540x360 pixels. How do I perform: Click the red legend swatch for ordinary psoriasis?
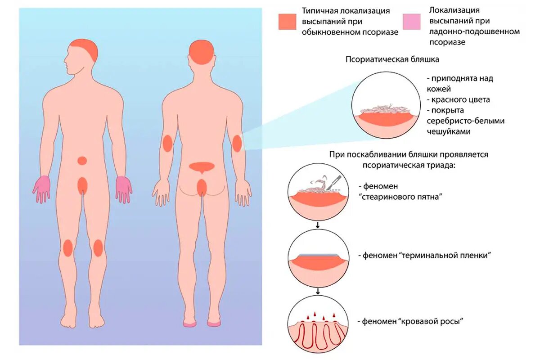tap(287, 21)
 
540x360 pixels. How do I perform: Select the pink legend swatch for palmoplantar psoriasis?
tap(411, 22)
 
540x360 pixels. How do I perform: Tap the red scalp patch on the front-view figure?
tap(86, 48)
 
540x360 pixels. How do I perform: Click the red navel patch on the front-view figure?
tap(82, 161)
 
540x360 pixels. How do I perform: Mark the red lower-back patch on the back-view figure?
tap(202, 166)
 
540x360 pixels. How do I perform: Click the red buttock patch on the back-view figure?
tap(202, 186)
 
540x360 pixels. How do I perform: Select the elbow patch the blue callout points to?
tap(237, 143)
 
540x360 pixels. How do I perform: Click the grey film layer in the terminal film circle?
tap(318, 254)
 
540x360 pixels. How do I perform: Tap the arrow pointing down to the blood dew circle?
tap(318, 291)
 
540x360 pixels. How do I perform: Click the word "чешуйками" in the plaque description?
tap(448, 132)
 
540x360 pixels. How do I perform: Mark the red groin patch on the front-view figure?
tap(82, 185)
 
